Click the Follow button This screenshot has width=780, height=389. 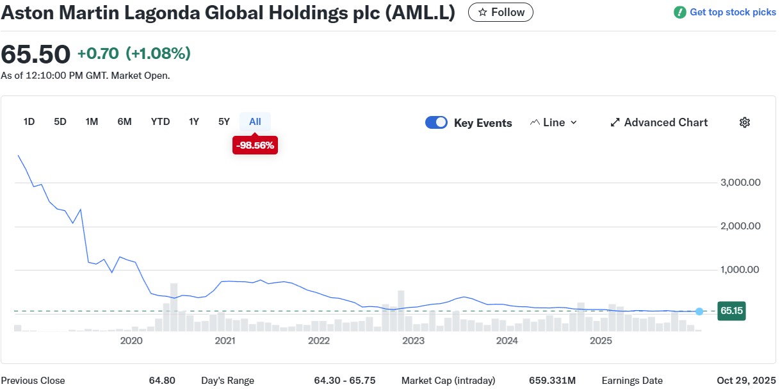coord(501,12)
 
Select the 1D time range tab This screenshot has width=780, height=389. coord(29,122)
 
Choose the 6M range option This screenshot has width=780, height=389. coord(124,122)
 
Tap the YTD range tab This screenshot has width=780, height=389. coord(160,122)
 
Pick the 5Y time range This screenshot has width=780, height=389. coord(223,122)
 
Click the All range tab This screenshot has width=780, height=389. coord(255,122)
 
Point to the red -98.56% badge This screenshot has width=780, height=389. coord(255,145)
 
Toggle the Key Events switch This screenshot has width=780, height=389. coord(436,122)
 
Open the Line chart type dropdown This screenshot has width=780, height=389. coord(553,122)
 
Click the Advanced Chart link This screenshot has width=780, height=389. coord(659,122)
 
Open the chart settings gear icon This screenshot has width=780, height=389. coord(744,122)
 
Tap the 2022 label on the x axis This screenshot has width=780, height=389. coord(319,341)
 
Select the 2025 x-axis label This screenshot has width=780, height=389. coord(601,341)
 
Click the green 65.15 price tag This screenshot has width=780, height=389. coord(731,311)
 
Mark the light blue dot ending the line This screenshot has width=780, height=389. coord(699,311)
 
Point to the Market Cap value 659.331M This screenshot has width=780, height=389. coord(557,381)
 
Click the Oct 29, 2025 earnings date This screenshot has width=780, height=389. coord(746,381)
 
